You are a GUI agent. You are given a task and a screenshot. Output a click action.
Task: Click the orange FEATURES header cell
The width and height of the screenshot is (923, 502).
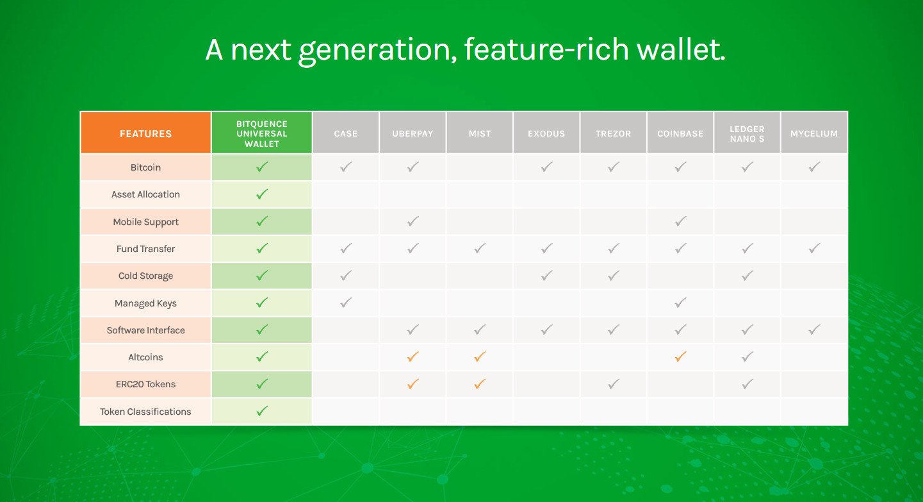coord(145,133)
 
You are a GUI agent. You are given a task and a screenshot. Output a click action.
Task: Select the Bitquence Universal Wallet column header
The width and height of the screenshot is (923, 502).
coord(261,133)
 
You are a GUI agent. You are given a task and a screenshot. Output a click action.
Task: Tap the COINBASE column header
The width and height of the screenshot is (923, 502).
coord(680,133)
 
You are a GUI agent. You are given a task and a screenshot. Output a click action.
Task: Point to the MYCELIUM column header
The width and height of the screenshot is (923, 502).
coord(814,133)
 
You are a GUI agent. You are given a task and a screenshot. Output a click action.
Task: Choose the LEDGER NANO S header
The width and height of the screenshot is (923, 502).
coord(747,133)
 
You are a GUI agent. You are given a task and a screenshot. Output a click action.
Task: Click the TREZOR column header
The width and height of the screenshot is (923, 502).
coord(613,133)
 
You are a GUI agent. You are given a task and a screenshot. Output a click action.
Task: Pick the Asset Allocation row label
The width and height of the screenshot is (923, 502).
coord(145,194)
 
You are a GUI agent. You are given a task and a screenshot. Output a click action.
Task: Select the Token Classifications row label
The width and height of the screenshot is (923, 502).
coord(145,412)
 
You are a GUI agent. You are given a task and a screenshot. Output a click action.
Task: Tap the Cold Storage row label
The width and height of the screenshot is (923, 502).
coord(145,276)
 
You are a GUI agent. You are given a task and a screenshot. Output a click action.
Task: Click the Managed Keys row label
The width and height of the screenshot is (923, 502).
coord(145,303)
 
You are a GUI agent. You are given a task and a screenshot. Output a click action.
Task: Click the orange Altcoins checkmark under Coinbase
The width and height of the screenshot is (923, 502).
coord(680,356)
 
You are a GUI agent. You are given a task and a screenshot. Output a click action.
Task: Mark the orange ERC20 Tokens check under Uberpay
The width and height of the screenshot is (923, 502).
coord(413,383)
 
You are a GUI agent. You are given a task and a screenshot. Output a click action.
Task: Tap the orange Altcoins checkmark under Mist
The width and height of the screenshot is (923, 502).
coord(480,356)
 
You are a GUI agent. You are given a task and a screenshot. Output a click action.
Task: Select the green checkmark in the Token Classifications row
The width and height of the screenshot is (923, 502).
coord(262,411)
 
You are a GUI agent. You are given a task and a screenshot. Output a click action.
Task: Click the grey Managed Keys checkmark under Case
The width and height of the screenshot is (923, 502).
coord(346,303)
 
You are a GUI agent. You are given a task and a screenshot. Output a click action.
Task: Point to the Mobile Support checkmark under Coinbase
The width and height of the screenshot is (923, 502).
coord(680,221)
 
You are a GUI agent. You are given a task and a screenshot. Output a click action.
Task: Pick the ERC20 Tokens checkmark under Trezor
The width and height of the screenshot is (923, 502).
coord(614,383)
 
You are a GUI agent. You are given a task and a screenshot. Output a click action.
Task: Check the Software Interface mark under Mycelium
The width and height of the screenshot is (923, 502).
coord(814,329)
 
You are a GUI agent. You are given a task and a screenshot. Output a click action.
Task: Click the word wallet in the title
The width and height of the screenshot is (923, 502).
coord(681,49)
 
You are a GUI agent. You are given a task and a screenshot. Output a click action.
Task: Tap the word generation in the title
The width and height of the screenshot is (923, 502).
coord(378,51)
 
